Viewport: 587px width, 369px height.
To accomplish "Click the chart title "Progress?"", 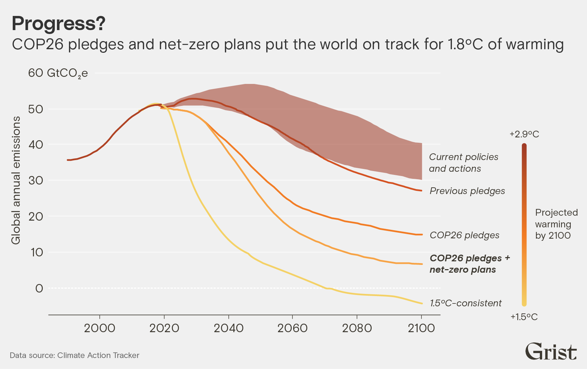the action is point(58,24).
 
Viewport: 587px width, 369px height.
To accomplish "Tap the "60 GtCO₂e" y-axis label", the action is point(58,73).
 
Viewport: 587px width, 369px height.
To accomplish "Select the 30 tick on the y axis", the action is point(36,180).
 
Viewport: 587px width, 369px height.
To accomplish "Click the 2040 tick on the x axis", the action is point(228,328).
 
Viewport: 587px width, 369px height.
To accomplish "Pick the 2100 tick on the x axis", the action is point(421,328).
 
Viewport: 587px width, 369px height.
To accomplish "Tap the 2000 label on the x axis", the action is point(100,328).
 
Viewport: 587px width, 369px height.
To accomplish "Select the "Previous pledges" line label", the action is point(467,191).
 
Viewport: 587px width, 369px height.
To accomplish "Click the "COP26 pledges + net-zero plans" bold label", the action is point(470,264).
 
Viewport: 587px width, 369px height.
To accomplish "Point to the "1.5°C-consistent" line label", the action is point(466,303).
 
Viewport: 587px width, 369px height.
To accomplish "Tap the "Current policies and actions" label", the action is point(464,163).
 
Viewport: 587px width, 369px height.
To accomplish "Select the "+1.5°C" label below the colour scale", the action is point(524,317).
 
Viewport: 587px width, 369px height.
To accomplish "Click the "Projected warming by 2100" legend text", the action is point(556,224).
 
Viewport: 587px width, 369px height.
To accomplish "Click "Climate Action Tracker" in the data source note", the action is point(98,355).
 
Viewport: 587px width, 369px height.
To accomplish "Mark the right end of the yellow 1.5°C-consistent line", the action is point(422,303).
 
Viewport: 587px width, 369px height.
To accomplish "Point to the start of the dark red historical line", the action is point(68,160).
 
